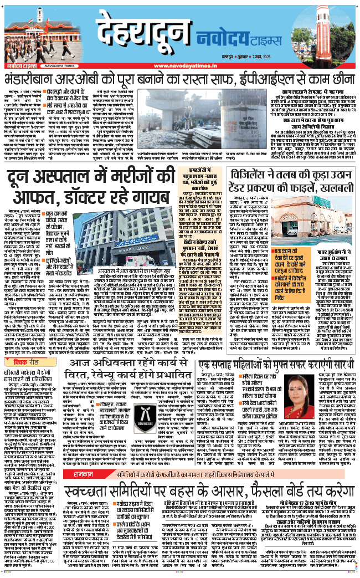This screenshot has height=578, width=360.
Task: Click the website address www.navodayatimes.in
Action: [179, 65]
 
